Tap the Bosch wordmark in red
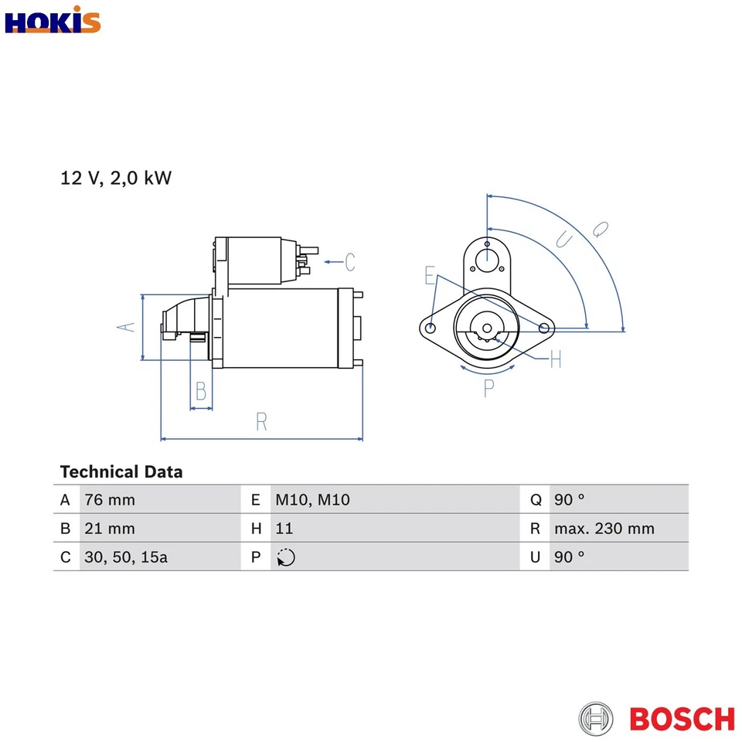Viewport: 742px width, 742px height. pos(682,719)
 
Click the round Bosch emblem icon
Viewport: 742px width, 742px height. pos(596,719)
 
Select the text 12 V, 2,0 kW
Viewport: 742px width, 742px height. pos(116,179)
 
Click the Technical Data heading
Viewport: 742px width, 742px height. pos(121,471)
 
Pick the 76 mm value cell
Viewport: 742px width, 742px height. pos(110,500)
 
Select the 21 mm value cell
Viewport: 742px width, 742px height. pos(110,529)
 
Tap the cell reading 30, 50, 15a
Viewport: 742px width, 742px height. pos(126,557)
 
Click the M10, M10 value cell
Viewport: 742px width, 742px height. pos(312,500)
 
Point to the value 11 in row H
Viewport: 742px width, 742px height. pos(284,529)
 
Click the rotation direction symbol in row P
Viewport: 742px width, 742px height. pos(285,557)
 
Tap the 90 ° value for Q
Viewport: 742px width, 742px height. pos(569,500)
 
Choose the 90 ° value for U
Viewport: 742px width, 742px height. pos(569,557)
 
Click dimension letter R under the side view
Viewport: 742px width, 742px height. pos(261,422)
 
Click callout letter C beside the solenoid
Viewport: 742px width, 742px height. pos(349,263)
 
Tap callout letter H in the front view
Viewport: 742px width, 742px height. pos(555,359)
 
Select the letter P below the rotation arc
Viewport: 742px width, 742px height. pos(488,389)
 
